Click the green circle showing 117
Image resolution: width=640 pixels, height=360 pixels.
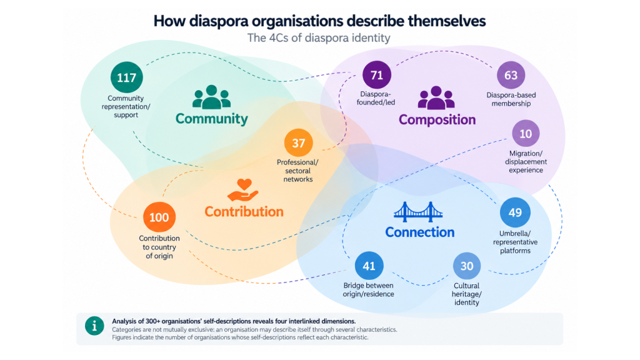126,77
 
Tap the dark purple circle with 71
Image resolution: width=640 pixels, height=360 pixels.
377,75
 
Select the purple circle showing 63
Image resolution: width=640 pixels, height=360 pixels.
511,75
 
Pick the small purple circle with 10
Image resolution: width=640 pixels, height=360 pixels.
526,134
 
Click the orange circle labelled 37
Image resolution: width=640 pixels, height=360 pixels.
298,143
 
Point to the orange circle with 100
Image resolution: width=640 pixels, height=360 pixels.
159,217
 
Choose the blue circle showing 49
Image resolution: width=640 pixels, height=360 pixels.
515,212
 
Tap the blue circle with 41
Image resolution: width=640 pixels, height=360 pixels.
369,266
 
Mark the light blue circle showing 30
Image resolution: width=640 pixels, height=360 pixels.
467,266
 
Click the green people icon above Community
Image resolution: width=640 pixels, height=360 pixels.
211,97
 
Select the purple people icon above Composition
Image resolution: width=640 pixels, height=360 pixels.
436,97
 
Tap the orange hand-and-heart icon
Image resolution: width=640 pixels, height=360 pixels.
243,190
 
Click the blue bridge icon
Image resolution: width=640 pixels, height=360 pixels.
418,212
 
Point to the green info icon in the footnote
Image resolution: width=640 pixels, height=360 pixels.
94,326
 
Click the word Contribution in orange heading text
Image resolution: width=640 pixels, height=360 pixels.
244,211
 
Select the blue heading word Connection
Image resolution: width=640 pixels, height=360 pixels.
420,232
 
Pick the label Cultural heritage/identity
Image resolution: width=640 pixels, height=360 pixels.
466,294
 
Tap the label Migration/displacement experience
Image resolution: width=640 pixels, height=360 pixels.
526,162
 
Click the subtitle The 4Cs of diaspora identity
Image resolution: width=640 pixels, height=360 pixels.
319,38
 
